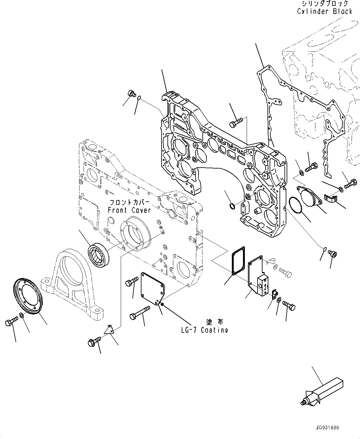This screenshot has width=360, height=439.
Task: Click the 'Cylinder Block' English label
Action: point(325,11)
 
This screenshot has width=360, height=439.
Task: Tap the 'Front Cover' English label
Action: point(129,210)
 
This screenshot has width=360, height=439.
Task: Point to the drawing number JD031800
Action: point(327,428)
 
